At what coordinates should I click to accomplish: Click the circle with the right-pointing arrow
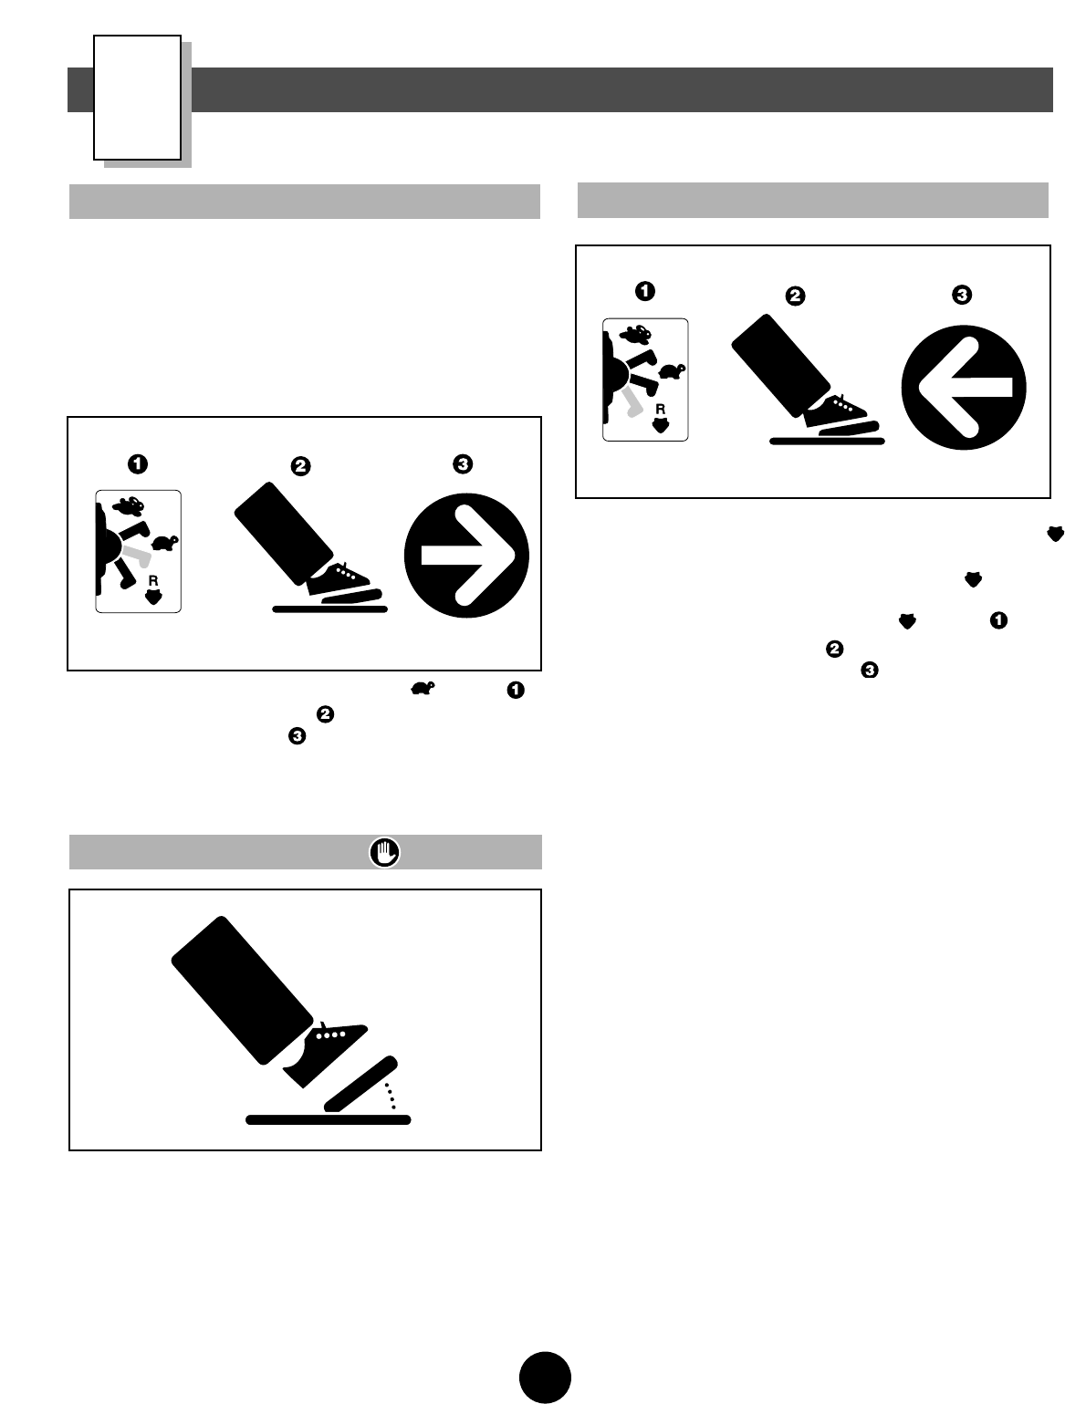click(x=466, y=556)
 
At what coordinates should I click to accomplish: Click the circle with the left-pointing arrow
click(x=964, y=386)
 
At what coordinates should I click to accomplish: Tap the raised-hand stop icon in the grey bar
click(x=385, y=852)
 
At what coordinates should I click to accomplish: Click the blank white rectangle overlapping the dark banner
click(x=137, y=98)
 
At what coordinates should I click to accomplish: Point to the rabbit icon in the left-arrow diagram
click(x=635, y=334)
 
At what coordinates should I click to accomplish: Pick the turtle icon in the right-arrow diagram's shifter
click(x=165, y=543)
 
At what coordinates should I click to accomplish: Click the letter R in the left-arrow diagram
click(x=659, y=410)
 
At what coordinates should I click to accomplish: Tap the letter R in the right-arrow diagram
click(x=152, y=580)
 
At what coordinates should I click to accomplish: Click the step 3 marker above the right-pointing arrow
click(x=463, y=464)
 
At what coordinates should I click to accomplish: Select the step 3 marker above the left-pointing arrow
click(x=961, y=295)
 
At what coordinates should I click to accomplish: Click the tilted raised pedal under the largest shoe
click(x=360, y=1085)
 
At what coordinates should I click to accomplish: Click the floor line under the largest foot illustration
click(x=329, y=1119)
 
